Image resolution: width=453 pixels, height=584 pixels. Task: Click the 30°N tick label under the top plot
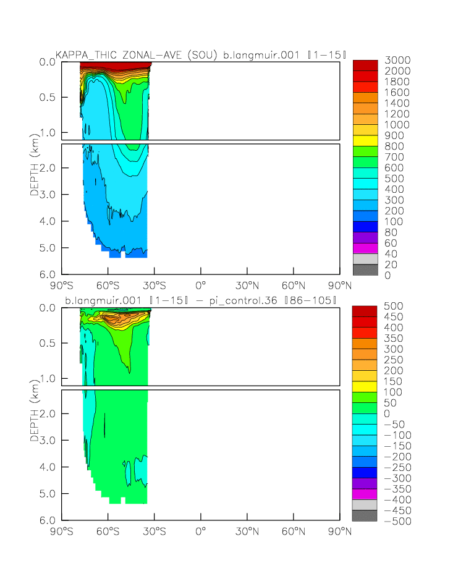tap(247, 286)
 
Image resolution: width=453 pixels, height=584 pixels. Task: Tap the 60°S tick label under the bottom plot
tap(108, 531)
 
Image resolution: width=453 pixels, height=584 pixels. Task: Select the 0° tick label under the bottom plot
tap(200, 531)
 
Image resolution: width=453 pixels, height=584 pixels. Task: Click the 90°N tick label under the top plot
tap(339, 286)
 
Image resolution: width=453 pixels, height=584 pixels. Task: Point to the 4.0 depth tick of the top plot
tap(48, 221)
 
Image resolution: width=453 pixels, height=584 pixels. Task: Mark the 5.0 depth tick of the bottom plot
tap(48, 494)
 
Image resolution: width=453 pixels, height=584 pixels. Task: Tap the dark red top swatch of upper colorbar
tap(365, 65)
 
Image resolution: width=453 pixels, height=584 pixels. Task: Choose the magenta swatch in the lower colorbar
tap(365, 494)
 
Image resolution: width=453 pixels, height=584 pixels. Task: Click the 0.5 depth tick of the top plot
tap(48, 98)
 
